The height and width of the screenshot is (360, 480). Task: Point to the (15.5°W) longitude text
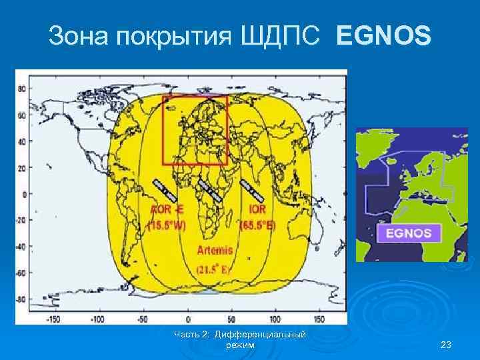point(167,225)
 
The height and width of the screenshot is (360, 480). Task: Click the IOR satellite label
point(258,210)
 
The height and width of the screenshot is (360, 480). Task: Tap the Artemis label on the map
point(216,251)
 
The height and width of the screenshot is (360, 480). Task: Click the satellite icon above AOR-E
point(164,189)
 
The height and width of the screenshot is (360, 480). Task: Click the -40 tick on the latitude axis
point(21,246)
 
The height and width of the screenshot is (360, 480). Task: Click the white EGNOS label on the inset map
point(408,234)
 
